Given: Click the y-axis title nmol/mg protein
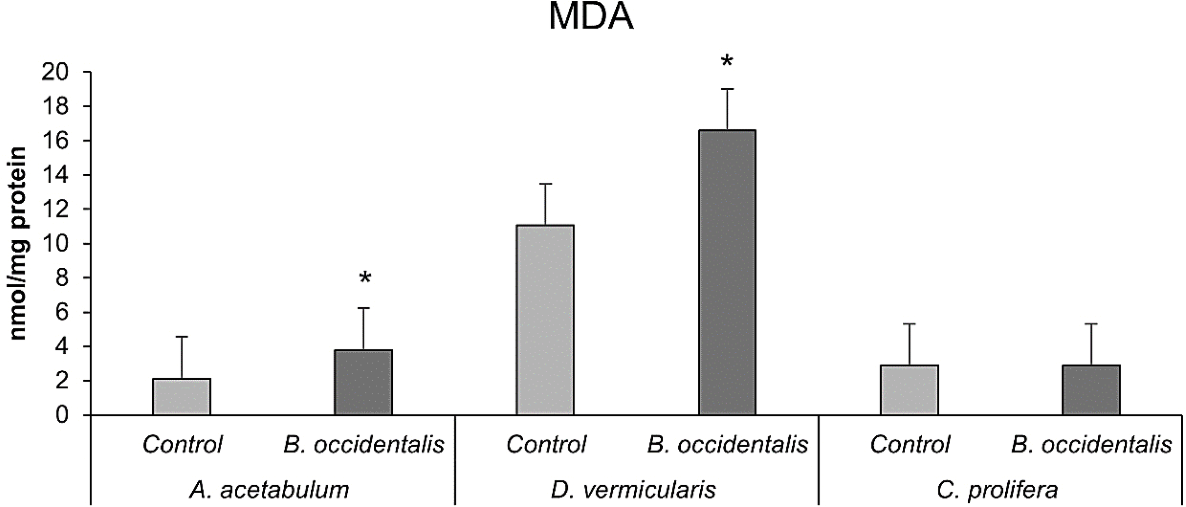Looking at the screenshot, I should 19,243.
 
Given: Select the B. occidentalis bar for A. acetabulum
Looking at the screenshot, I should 363,383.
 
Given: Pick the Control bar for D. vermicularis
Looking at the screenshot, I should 545,320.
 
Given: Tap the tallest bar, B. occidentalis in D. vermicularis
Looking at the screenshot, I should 727,272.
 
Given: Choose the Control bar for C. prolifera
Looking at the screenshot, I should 909,390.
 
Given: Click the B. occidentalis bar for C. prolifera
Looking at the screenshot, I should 1091,390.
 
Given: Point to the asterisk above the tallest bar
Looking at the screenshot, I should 727,62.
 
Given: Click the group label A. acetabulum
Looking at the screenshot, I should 269,490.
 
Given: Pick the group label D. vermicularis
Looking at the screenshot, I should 633,490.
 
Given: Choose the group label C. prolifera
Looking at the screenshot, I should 997,490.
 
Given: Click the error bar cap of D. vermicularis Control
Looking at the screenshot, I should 545,184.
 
